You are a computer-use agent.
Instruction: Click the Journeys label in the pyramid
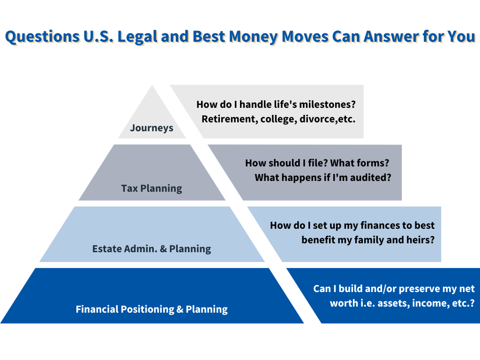pyautogui.click(x=151, y=127)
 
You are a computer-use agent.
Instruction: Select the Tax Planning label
pyautogui.click(x=151, y=188)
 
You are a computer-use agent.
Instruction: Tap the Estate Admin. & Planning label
pyautogui.click(x=151, y=248)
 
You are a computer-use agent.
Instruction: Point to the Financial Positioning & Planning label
pyautogui.click(x=151, y=309)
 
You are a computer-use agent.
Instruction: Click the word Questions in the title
pyautogui.click(x=42, y=37)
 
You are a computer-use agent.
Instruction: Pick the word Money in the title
pyautogui.click(x=253, y=37)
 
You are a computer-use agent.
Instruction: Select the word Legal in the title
pyautogui.click(x=138, y=37)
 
